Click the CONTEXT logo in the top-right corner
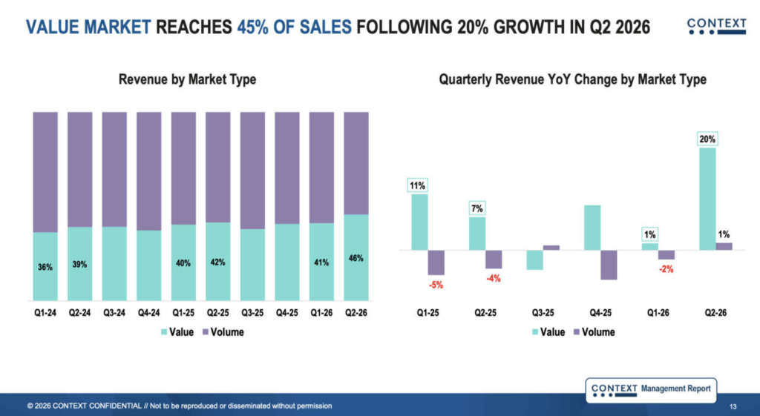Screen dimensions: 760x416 click(x=716, y=26)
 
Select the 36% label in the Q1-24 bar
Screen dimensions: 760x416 click(x=45, y=267)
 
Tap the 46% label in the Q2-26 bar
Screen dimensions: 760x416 click(x=356, y=258)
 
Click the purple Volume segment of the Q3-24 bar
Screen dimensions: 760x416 click(x=114, y=170)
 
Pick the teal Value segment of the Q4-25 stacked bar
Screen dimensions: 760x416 click(x=287, y=262)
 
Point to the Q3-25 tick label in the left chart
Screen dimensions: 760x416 click(x=252, y=313)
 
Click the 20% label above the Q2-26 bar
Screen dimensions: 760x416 click(x=707, y=139)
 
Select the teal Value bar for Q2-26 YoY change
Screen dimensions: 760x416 click(x=707, y=199)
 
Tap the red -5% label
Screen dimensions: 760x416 click(x=436, y=285)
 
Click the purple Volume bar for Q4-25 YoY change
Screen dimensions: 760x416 click(x=609, y=265)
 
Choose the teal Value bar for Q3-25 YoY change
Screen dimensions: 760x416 click(x=534, y=260)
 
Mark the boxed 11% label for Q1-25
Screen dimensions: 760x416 click(x=417, y=185)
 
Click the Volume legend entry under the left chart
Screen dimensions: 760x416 click(x=223, y=332)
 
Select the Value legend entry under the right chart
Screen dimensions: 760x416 click(x=548, y=332)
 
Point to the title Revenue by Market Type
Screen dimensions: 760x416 click(x=188, y=79)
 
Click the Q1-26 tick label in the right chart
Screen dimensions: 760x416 click(x=658, y=313)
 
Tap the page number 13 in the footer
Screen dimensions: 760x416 click(x=733, y=406)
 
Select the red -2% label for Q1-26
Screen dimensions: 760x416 click(x=666, y=268)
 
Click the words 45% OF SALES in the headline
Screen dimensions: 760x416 click(x=294, y=27)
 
